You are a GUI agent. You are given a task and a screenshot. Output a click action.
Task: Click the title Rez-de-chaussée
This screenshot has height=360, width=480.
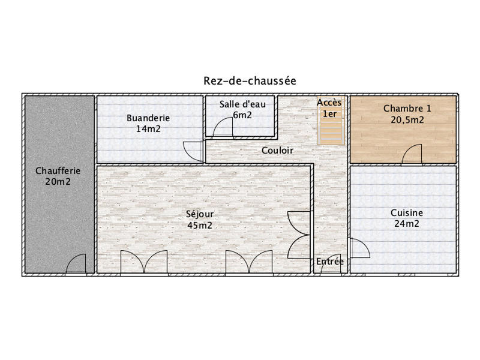click(250, 80)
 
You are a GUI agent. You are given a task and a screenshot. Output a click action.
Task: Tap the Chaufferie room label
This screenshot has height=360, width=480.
click(58, 170)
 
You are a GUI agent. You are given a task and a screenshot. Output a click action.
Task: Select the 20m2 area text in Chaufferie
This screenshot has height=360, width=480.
click(58, 181)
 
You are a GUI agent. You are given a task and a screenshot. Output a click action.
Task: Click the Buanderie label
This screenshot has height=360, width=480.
click(148, 118)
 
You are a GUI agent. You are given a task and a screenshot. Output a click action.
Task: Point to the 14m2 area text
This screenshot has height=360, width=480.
click(148, 128)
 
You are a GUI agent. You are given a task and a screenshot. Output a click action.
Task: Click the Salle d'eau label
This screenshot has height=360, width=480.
click(242, 104)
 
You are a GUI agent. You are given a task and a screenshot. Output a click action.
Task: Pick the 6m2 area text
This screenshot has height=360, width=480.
click(242, 115)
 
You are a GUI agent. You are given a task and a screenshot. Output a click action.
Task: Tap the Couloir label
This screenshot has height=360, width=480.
click(277, 151)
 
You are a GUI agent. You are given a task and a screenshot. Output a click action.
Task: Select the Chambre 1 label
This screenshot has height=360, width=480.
click(407, 109)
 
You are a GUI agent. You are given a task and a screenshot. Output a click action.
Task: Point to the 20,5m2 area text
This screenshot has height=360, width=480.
click(407, 119)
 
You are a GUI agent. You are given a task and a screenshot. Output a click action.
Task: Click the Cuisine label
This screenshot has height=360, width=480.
click(406, 213)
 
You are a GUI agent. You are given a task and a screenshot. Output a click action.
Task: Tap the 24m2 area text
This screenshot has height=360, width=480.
click(406, 224)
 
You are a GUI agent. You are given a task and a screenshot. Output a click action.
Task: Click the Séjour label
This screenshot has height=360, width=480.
click(200, 214)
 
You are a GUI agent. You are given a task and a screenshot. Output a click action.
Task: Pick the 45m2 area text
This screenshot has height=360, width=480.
click(200, 225)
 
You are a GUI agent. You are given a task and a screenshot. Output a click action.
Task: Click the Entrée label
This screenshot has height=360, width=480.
click(330, 261)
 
